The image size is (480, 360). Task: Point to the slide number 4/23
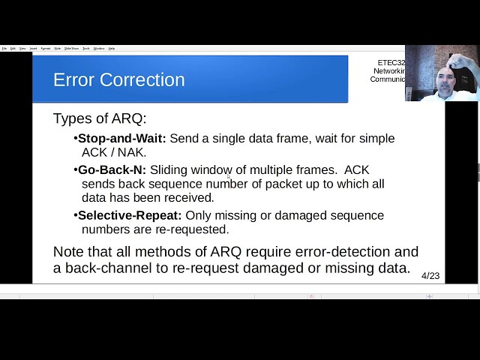[430, 275]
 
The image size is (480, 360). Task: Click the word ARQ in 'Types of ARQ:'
[125, 119]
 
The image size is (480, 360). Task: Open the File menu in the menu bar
[4, 48]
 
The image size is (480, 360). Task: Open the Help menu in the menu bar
[112, 48]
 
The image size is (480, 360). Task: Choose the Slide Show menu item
[72, 48]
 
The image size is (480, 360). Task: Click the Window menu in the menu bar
[99, 48]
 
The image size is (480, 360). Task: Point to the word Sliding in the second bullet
[170, 170]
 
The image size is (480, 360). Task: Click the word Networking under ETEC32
[388, 71]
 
